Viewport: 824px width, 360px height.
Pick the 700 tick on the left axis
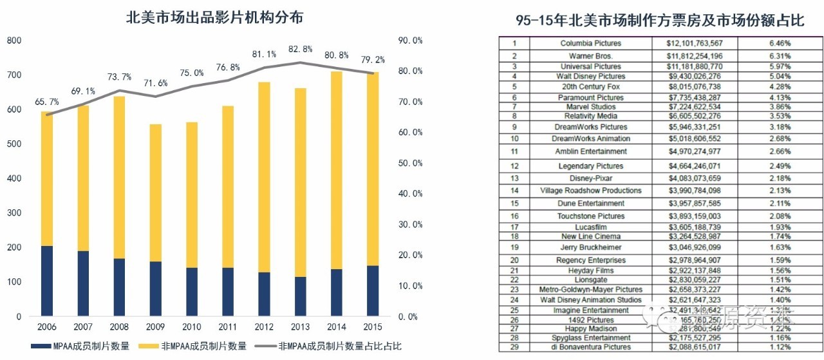14,75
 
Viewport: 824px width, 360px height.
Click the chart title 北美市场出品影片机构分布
214,18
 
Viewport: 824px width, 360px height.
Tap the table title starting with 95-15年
660,21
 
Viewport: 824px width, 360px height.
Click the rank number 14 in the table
514,191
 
